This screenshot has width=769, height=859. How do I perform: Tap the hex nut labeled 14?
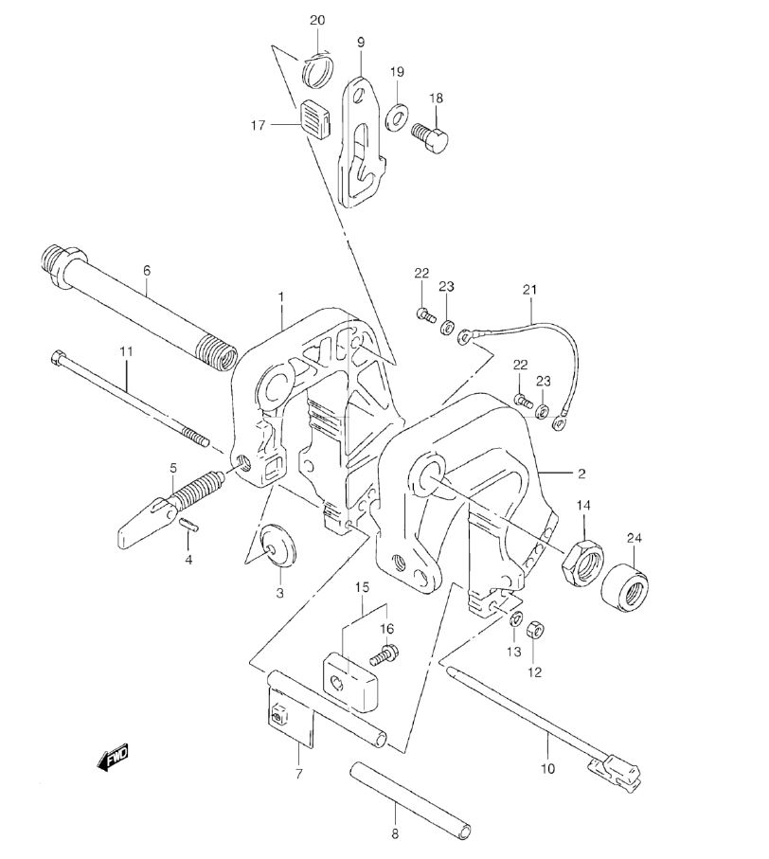(x=582, y=562)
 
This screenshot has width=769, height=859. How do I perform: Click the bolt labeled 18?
(x=429, y=134)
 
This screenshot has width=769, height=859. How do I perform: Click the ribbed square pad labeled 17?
(x=316, y=117)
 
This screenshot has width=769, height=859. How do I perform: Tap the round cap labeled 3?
(x=277, y=545)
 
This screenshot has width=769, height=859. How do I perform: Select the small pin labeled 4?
(x=189, y=523)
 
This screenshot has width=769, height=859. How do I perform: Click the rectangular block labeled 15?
(x=349, y=681)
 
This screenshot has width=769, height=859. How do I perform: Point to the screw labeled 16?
(x=385, y=654)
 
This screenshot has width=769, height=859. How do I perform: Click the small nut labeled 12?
(x=534, y=630)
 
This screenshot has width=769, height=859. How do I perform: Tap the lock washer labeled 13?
(x=515, y=619)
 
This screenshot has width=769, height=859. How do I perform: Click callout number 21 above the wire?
(x=529, y=289)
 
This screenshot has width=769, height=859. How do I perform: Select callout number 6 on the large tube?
(x=146, y=270)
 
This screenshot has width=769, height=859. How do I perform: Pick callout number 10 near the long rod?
(x=547, y=769)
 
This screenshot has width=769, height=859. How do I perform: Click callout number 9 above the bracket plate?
(x=361, y=43)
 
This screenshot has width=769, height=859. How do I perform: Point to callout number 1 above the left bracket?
(x=281, y=297)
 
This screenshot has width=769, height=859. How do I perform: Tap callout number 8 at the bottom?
(x=395, y=834)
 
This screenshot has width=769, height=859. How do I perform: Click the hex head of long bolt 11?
(x=57, y=359)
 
